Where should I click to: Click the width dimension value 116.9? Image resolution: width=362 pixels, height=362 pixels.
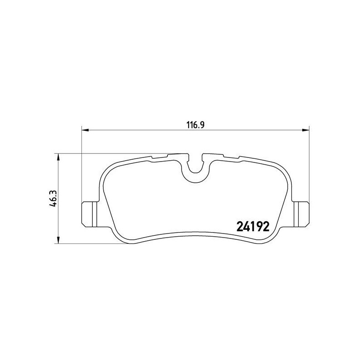[196, 125]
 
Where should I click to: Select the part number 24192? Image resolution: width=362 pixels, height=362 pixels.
[253, 225]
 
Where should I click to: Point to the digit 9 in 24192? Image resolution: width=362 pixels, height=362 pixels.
[260, 225]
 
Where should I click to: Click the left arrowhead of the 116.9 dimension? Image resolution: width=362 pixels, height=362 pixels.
[85, 131]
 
